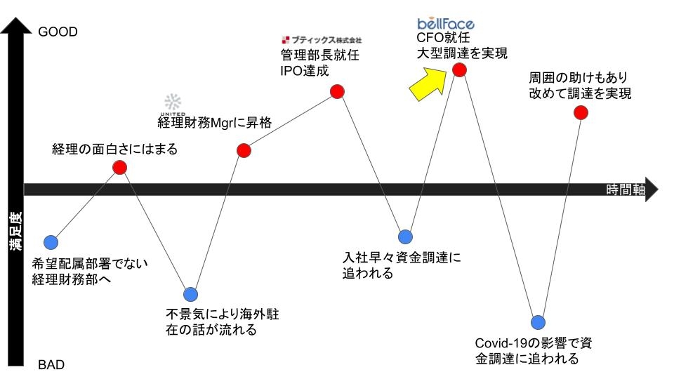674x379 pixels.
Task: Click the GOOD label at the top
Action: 58,32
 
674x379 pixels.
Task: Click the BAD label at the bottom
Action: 51,365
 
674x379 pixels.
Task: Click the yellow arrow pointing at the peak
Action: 430,79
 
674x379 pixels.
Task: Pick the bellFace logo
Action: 445,24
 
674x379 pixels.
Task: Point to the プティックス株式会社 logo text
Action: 322,40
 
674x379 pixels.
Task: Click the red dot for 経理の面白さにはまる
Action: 120,167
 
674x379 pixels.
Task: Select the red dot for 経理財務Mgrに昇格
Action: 244,150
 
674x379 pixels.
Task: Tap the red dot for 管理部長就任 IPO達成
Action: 337,91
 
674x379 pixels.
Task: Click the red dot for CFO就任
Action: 459,69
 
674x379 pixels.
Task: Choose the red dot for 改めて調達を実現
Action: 581,112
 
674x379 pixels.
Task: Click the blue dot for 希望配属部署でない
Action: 50,243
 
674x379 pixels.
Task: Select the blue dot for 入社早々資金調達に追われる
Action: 405,237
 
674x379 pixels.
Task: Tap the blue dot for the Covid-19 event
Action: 538,322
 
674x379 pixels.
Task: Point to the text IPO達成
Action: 304,71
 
